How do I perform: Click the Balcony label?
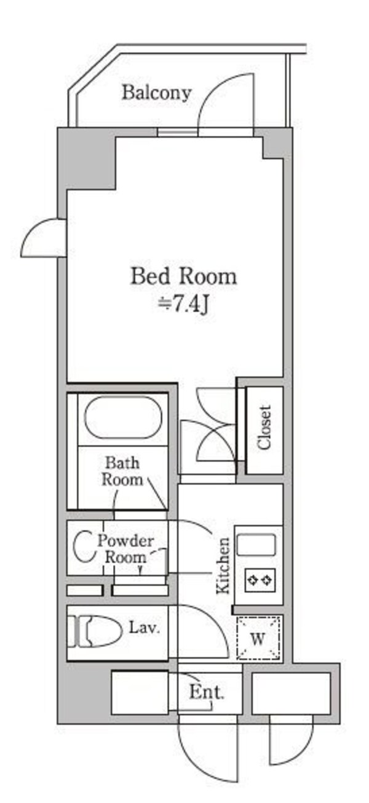pyautogui.click(x=156, y=93)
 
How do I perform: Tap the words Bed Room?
pyautogui.click(x=183, y=276)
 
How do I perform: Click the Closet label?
pyautogui.click(x=264, y=428)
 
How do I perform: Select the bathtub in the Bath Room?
pyautogui.click(x=123, y=417)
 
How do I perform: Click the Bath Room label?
pyautogui.click(x=122, y=471)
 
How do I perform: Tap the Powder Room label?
pyautogui.click(x=125, y=549)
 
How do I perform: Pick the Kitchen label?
pyautogui.click(x=223, y=566)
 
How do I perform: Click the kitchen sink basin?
pyautogui.click(x=256, y=544)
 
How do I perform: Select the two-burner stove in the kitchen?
pyautogui.click(x=260, y=580)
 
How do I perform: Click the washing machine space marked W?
pyautogui.click(x=258, y=638)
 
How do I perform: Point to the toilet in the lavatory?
pyautogui.click(x=95, y=632)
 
